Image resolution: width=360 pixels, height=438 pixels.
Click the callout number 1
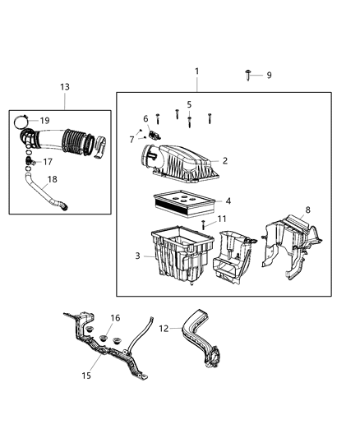click(196, 71)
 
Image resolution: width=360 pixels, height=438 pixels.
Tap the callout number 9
click(268, 76)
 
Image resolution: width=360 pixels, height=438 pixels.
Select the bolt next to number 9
click(248, 75)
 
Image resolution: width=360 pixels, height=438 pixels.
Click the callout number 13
click(65, 87)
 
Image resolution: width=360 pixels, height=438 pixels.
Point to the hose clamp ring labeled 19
click(21, 123)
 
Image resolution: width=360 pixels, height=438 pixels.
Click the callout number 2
click(224, 161)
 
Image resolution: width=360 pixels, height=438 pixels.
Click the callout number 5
click(188, 104)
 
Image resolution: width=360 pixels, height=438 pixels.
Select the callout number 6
click(145, 118)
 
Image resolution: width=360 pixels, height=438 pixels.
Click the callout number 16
click(115, 318)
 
